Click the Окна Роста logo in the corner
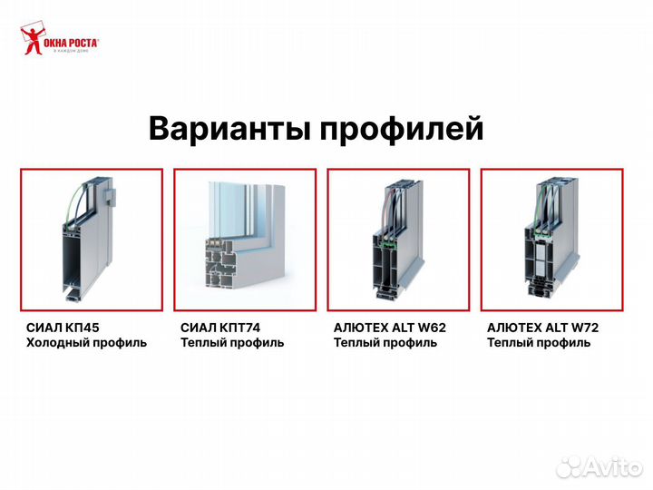click(59, 41)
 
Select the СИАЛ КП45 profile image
click(92, 240)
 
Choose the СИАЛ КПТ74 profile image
click(245, 240)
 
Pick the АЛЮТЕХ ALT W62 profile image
click(398, 240)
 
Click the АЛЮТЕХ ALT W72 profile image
click(551, 240)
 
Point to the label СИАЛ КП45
click(57, 328)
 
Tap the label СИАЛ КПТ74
click(215, 328)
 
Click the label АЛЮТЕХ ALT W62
click(390, 328)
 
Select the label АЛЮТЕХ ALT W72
click(543, 328)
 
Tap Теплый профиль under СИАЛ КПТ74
click(232, 343)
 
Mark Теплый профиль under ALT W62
click(385, 343)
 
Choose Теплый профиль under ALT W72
click(539, 343)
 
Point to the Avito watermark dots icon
click(569, 466)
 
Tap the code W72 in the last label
click(584, 328)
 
